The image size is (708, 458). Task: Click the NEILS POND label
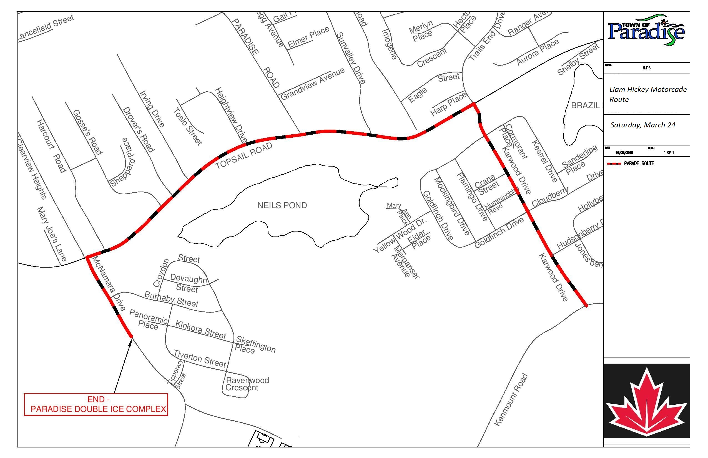(x=282, y=205)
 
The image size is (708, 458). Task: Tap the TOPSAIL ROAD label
(x=244, y=155)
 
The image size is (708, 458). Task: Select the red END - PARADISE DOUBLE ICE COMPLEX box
(x=96, y=404)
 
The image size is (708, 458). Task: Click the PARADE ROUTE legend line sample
(x=613, y=163)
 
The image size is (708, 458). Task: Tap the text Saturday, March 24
(x=642, y=125)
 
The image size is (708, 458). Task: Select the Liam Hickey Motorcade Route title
(x=647, y=94)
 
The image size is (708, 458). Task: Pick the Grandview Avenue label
(x=312, y=84)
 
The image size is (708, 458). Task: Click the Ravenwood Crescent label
(x=247, y=384)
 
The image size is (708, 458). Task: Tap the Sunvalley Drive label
(x=351, y=58)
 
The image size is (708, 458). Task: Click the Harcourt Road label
(x=51, y=146)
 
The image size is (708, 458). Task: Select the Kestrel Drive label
(x=544, y=161)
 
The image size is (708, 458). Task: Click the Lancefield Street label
(x=46, y=27)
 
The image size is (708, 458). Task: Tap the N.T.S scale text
(x=646, y=68)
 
